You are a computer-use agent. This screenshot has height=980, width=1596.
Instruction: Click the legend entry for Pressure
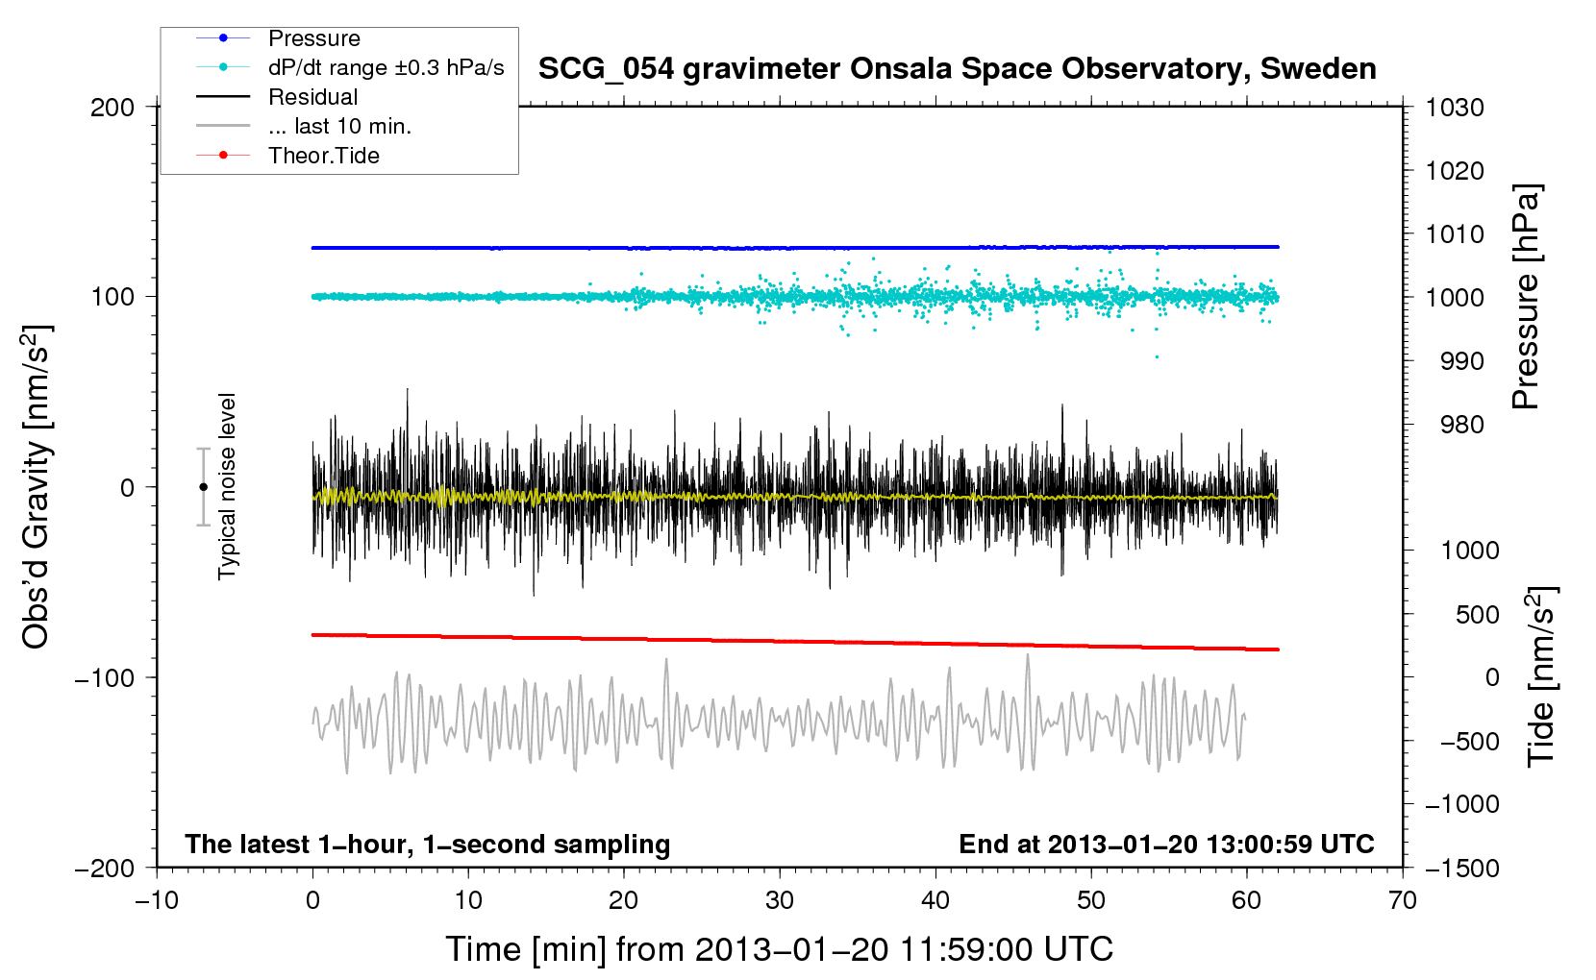click(x=313, y=38)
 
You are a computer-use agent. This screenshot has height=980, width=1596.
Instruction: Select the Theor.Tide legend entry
click(x=323, y=156)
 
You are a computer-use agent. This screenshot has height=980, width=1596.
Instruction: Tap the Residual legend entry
click(x=312, y=97)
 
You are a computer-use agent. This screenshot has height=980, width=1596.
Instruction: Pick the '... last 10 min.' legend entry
click(x=339, y=126)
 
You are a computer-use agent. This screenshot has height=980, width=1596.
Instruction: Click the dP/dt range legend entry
click(x=386, y=67)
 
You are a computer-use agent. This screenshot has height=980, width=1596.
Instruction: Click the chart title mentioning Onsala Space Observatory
click(x=957, y=69)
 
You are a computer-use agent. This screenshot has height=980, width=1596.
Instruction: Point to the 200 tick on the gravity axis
click(x=112, y=107)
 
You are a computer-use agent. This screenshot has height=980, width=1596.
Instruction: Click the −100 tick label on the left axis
click(x=106, y=677)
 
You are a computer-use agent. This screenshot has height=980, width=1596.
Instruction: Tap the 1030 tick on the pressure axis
click(x=1455, y=108)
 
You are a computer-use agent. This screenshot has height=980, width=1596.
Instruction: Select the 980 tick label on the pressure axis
click(x=1461, y=425)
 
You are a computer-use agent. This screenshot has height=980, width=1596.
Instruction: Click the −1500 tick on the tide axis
click(x=1461, y=868)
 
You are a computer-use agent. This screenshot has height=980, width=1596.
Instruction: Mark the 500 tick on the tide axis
click(x=1477, y=614)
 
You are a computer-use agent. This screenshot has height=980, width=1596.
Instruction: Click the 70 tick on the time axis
click(x=1403, y=900)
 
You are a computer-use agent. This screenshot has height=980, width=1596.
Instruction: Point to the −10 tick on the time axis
click(x=157, y=900)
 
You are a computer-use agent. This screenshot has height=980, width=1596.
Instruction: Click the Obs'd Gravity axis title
click(x=37, y=487)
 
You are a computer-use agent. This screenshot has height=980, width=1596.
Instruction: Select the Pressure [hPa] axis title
click(x=1527, y=297)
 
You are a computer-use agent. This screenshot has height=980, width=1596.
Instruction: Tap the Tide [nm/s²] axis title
click(x=1541, y=676)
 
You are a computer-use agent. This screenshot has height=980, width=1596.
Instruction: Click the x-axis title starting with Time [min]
click(x=779, y=949)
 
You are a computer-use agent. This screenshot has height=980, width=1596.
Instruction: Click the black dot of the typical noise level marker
click(x=204, y=487)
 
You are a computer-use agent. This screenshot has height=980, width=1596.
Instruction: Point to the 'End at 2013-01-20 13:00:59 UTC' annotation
click(x=1166, y=844)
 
